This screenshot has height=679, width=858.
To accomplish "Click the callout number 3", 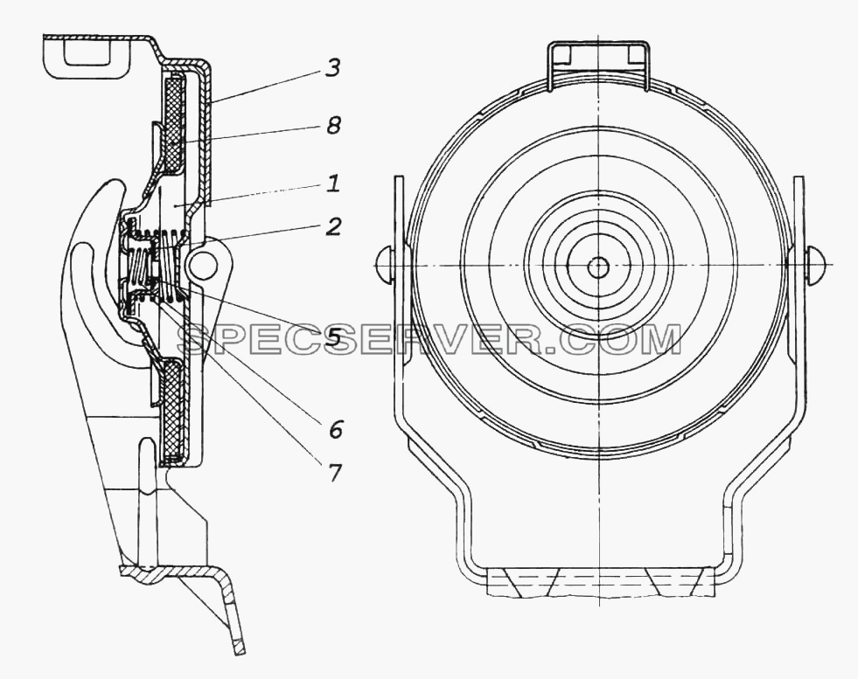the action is click(x=332, y=69).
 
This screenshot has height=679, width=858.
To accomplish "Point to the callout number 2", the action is click(x=332, y=226).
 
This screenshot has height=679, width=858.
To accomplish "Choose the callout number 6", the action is click(x=335, y=429).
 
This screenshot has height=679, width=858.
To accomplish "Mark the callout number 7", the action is click(x=334, y=471).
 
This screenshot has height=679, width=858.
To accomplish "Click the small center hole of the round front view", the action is click(x=598, y=267).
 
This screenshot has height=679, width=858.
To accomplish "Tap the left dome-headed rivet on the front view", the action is click(x=386, y=265).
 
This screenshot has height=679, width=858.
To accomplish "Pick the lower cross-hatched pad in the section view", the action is click(x=175, y=410).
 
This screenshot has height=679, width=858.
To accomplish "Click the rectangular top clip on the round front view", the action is click(x=598, y=64).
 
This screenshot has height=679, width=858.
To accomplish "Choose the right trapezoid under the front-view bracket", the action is click(x=670, y=582).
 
